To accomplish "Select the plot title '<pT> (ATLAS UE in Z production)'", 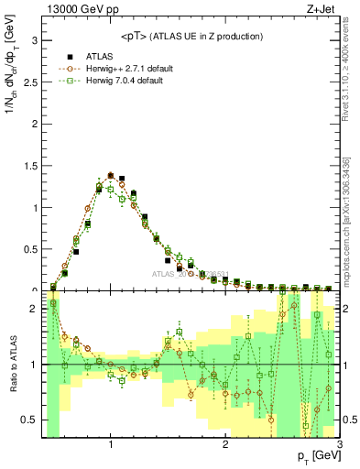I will coord(191,36).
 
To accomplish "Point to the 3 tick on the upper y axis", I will coord(34,40).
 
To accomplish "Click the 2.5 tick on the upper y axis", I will coord(29,82).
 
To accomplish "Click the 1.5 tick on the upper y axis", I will coord(29,166).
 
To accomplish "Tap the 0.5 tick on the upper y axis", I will coord(29,249).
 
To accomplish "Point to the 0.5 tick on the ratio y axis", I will coord(29,420).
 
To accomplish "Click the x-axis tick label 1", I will coord(111,445).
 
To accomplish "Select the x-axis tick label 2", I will coord(225,445).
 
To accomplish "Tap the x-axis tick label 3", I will coord(339,445).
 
